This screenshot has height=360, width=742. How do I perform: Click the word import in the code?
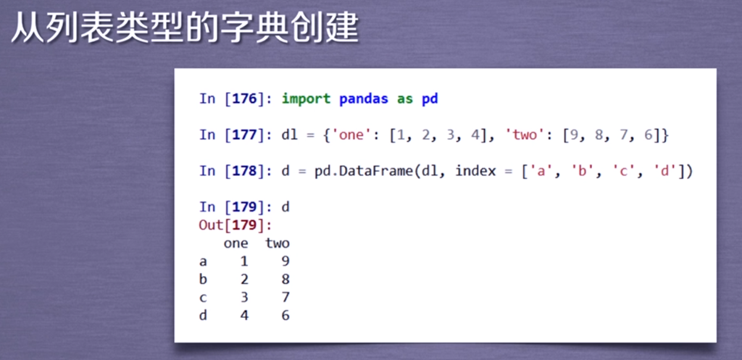pos(306,99)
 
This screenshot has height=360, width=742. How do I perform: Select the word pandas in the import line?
pos(364,99)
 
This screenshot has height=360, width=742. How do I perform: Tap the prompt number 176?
pos(246,99)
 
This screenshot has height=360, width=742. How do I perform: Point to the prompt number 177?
pos(246,135)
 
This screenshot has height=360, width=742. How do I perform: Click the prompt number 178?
pos(246,171)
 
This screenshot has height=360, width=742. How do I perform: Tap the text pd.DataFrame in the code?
pos(363,171)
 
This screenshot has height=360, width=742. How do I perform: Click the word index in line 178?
pos(475,171)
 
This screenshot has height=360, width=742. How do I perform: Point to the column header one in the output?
pos(235,243)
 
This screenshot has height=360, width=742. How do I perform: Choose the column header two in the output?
pos(278,243)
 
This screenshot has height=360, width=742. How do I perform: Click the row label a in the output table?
pos(203,261)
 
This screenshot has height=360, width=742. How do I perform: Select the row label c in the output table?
pos(203,298)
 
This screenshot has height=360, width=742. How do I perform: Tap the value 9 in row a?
pos(285,261)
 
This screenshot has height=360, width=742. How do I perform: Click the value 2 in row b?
pos(244,279)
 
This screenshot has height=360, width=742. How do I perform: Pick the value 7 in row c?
pos(285,298)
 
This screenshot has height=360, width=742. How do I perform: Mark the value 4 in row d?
pos(244,316)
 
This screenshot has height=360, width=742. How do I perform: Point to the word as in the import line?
pos(404,99)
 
